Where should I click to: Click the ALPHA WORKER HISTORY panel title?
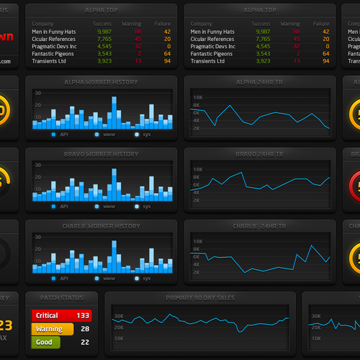pyautogui.click(x=101, y=82)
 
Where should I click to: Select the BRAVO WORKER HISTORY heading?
pyautogui.click(x=101, y=154)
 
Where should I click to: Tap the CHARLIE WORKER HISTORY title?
pyautogui.click(x=101, y=226)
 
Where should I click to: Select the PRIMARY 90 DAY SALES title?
pyautogui.click(x=201, y=297)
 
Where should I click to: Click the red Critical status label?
pyautogui.click(x=47, y=315)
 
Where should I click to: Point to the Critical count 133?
pyautogui.click(x=83, y=315)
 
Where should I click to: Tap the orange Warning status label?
pyautogui.click(x=49, y=329)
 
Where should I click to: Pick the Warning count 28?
pyautogui.click(x=85, y=329)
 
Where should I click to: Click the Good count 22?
pyautogui.click(x=85, y=342)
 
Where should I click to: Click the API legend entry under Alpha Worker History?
pyautogui.click(x=62, y=135)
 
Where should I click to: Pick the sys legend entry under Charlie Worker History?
pyautogui.click(x=145, y=278)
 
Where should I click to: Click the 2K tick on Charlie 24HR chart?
pyautogui.click(x=197, y=272)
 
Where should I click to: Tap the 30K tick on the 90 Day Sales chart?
pyautogui.click(x=120, y=315)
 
